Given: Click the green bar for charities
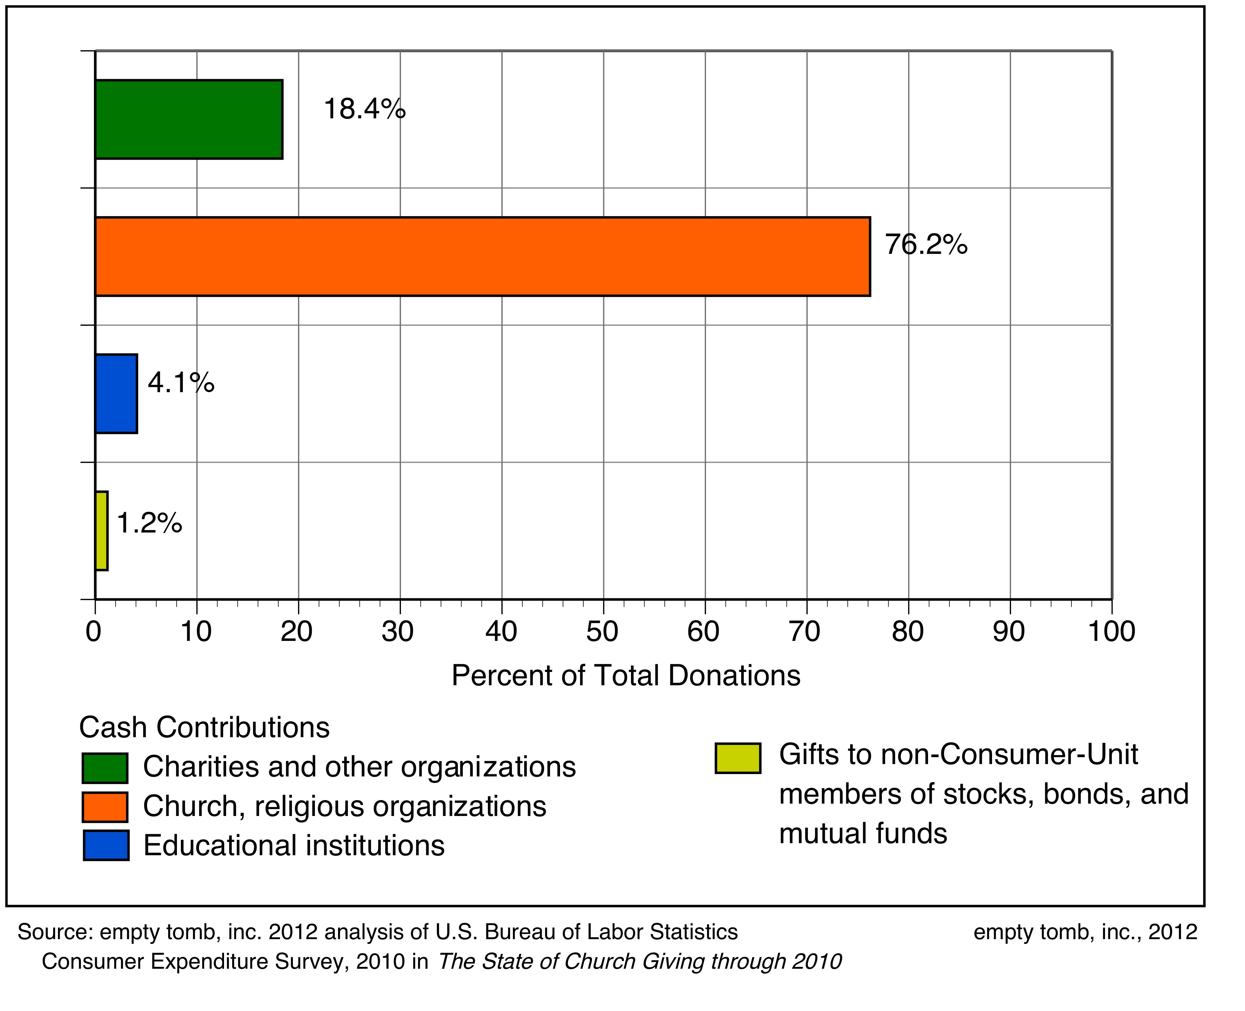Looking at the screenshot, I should tap(189, 119).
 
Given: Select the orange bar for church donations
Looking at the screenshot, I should tap(482, 257).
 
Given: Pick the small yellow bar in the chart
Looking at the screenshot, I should tap(101, 530).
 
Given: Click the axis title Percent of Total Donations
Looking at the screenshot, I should tap(626, 676).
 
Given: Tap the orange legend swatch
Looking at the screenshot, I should tap(105, 807).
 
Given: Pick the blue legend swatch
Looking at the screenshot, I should tap(106, 845).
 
